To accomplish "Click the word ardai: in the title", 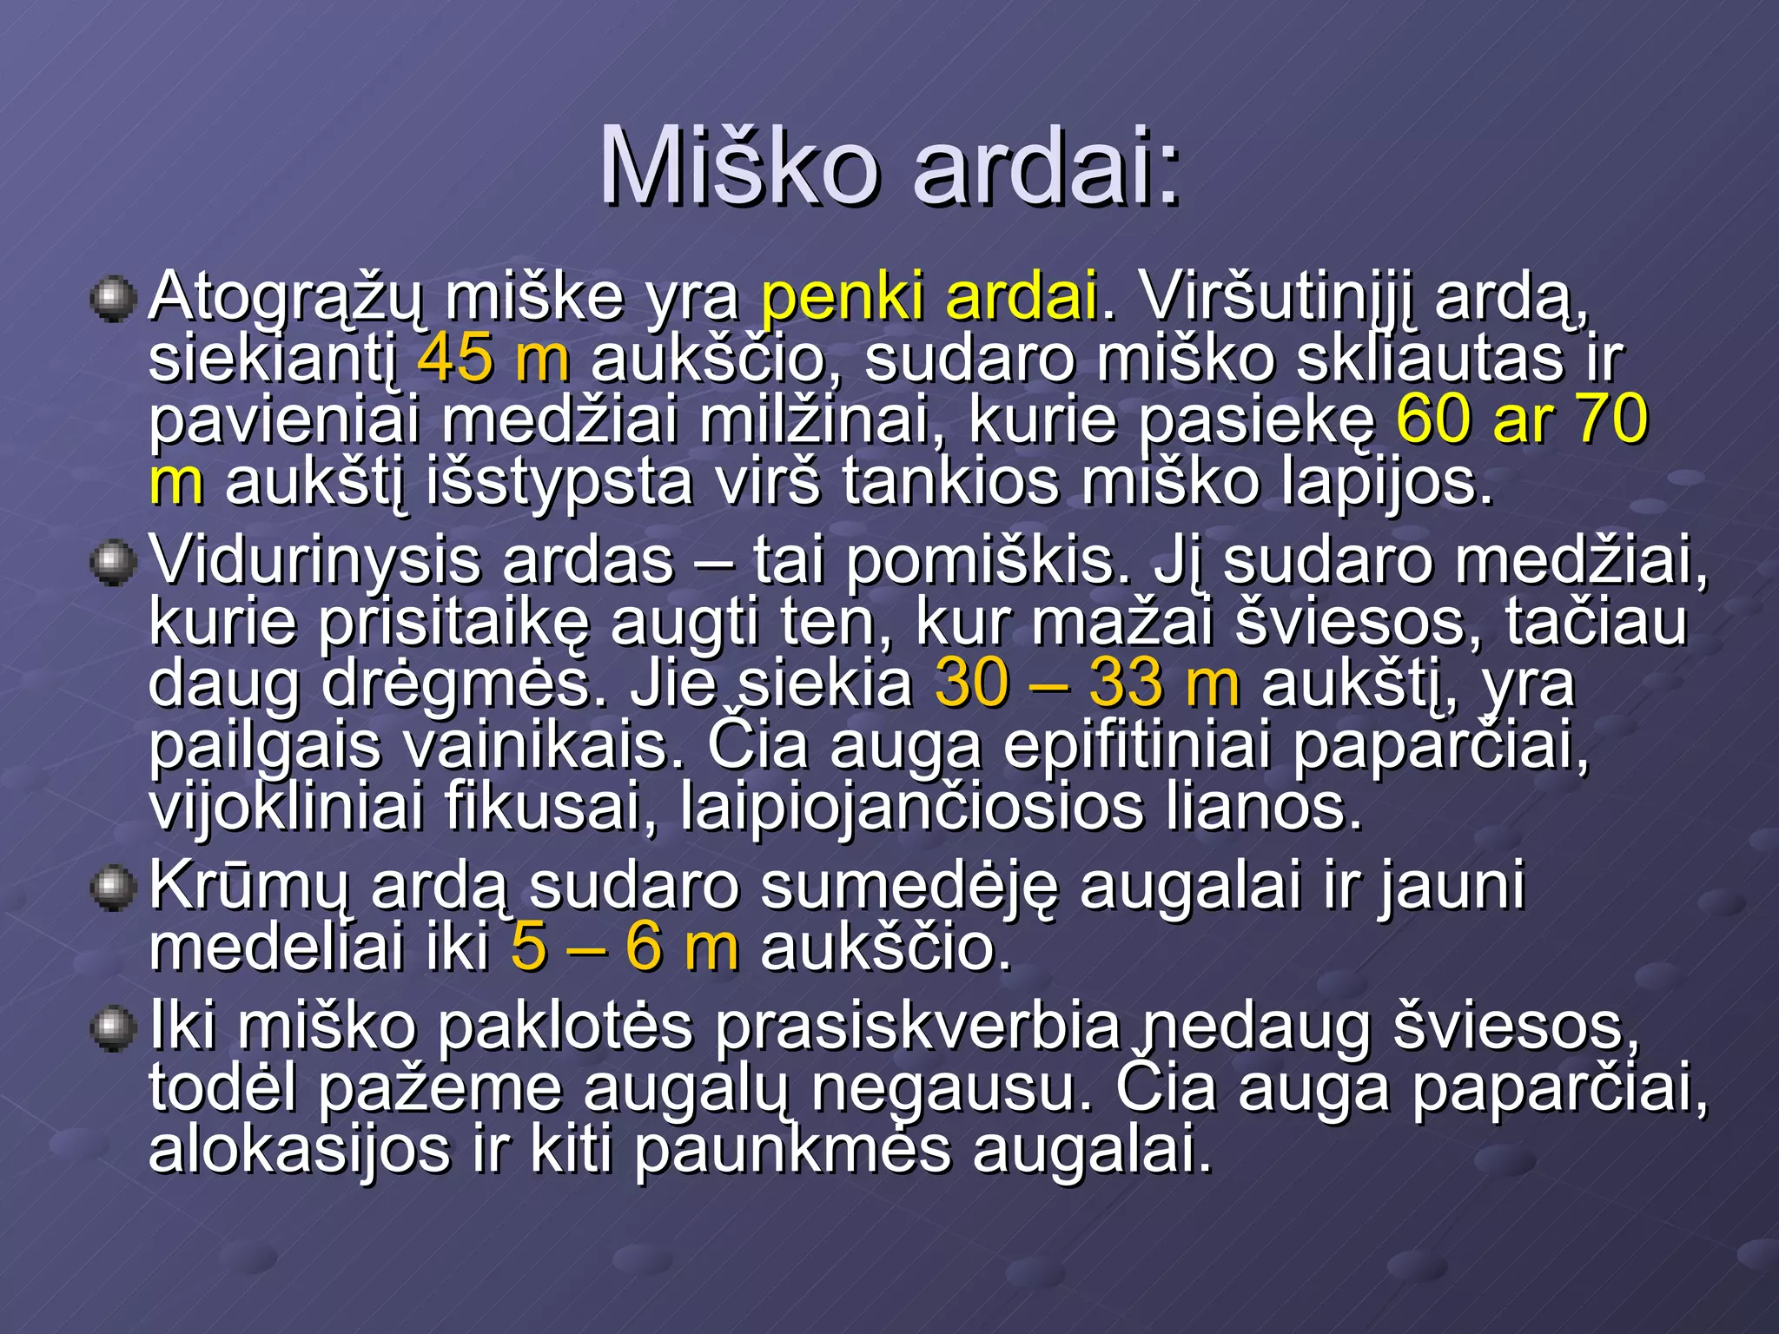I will [1046, 167].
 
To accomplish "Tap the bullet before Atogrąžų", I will [113, 300].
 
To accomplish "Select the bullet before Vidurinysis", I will [113, 564].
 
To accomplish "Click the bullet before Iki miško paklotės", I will [113, 1029].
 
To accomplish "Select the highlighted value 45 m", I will [493, 359].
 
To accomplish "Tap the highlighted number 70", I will [1611, 419].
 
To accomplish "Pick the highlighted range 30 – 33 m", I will [1087, 684].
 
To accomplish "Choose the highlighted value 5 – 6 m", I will [625, 948].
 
